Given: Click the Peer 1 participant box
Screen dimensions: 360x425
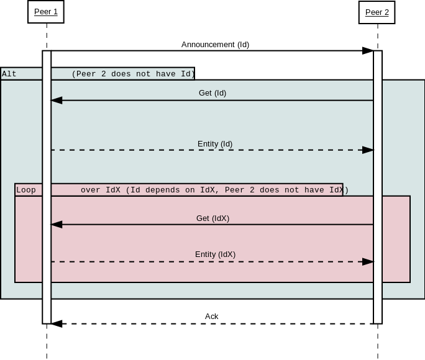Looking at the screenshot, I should (x=46, y=12).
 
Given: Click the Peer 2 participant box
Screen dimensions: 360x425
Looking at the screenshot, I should (x=377, y=12).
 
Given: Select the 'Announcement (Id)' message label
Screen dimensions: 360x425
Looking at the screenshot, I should (x=215, y=45).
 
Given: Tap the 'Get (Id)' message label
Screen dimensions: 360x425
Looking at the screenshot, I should (x=212, y=93).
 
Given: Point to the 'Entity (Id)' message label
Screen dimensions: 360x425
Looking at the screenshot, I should (x=215, y=144).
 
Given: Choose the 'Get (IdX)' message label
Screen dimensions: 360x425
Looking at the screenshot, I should (x=212, y=218).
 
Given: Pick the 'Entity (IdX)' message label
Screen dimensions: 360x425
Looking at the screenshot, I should (x=215, y=254).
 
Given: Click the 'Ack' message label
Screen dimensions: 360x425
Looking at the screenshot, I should (x=212, y=317).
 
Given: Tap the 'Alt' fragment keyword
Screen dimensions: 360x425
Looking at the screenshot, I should (x=9, y=74).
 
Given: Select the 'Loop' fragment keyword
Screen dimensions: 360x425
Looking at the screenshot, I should (x=26, y=190).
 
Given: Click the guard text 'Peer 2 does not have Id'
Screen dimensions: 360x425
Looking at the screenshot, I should (x=134, y=74).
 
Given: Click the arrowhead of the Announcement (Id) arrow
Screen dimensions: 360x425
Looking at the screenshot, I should (x=368, y=51).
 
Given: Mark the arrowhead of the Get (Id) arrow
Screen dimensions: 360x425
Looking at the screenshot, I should (x=57, y=101).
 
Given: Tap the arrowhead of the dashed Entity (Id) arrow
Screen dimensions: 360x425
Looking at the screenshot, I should (x=368, y=150).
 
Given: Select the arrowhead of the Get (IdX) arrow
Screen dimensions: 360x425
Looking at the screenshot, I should (x=57, y=225).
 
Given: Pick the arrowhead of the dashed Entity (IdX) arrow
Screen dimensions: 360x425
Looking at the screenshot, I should (x=368, y=262).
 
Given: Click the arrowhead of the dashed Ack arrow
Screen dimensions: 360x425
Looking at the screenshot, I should (x=57, y=324).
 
